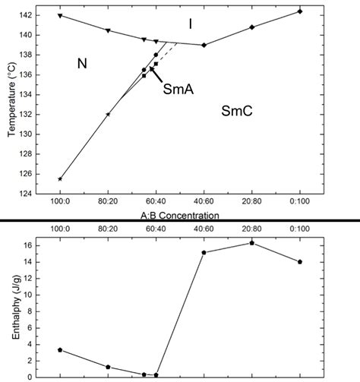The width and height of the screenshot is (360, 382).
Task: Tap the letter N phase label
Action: [83, 64]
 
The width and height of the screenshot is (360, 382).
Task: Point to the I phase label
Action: [190, 24]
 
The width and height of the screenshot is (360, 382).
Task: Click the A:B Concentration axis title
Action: [180, 216]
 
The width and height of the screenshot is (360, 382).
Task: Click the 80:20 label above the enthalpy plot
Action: [108, 228]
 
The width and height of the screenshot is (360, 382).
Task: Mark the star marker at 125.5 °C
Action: [60, 179]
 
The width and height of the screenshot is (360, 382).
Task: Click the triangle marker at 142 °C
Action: [60, 15]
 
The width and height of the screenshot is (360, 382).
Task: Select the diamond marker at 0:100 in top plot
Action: [300, 11]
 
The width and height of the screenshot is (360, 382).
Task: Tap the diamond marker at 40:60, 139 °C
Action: [204, 45]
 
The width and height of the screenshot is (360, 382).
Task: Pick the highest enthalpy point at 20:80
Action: [251, 243]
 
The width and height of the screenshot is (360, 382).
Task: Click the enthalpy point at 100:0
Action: [60, 350]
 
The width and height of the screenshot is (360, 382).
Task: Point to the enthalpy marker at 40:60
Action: [204, 252]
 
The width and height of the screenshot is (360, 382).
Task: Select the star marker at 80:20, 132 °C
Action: [108, 114]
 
